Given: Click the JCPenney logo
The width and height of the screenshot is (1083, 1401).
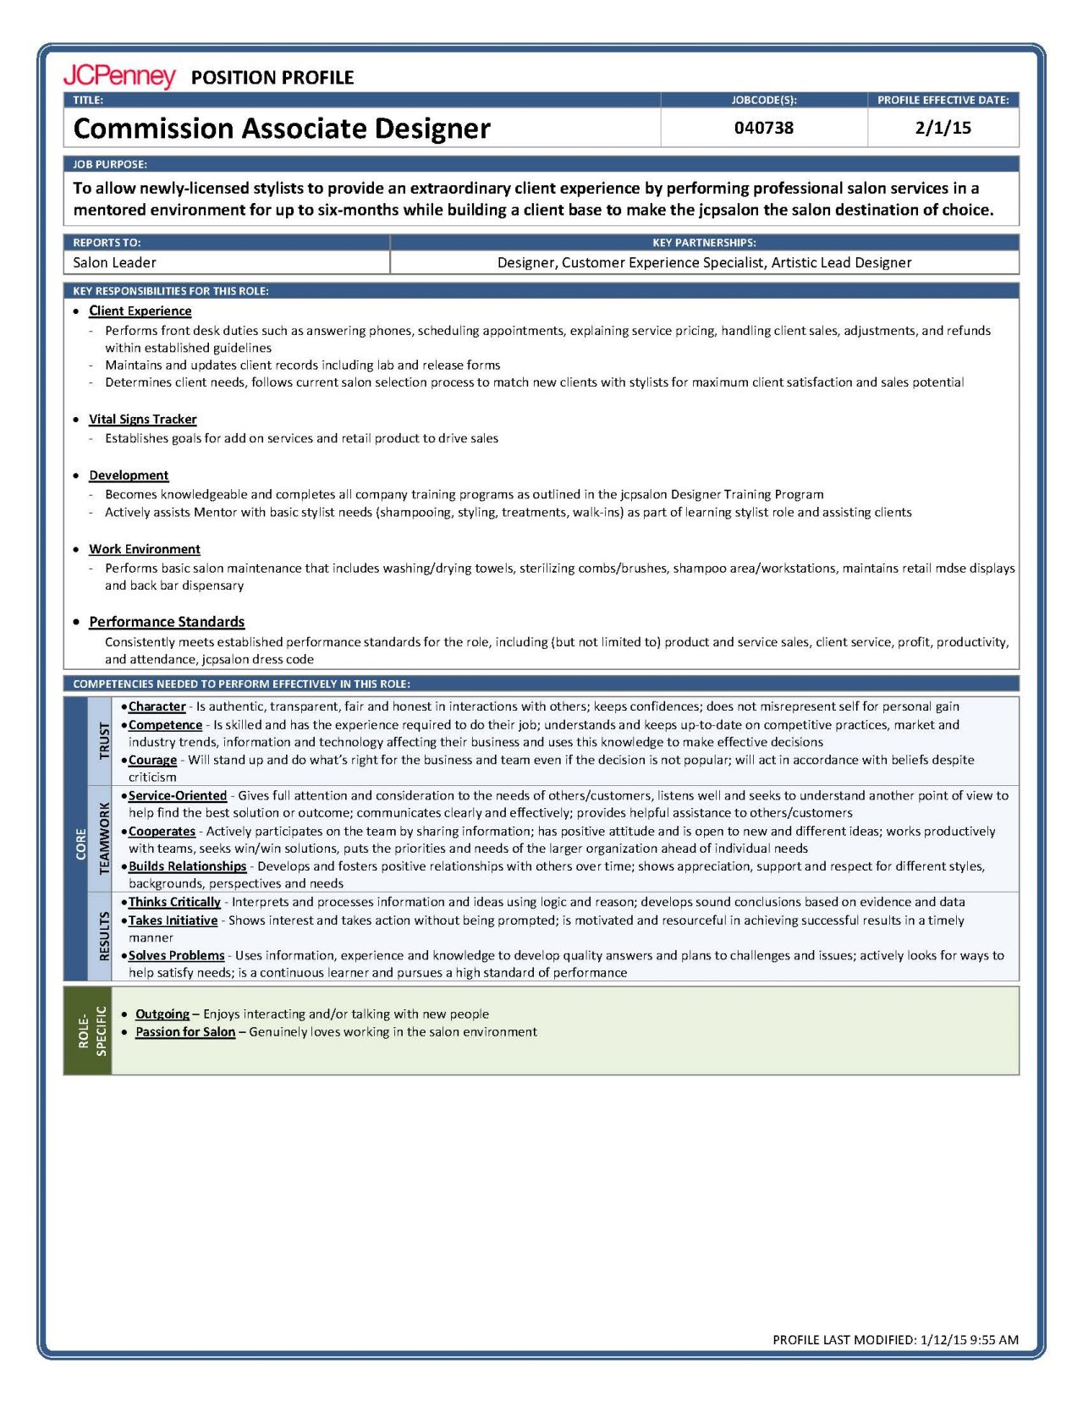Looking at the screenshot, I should [x=119, y=76].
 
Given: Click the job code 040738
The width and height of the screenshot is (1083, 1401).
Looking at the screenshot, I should [x=763, y=128].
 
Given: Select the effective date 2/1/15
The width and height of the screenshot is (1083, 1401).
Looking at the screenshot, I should [x=943, y=128].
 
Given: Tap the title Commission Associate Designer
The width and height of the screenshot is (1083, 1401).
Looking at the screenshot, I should [x=282, y=129].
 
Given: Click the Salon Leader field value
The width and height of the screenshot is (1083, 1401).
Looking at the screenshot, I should [x=114, y=262].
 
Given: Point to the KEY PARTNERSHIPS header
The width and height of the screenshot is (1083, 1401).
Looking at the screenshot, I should [x=704, y=242].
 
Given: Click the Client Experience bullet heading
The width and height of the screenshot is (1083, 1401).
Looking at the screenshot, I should [x=140, y=311].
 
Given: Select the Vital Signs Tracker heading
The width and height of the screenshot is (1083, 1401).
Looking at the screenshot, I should [x=142, y=420].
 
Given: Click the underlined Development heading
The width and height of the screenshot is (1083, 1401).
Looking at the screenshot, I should [x=129, y=475].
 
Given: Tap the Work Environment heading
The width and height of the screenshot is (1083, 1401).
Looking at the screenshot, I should [x=145, y=549].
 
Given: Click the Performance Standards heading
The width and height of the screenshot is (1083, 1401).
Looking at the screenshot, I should [x=167, y=622].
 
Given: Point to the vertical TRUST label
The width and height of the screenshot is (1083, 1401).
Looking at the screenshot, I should [x=104, y=740].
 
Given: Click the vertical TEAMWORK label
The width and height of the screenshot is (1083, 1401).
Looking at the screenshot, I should [x=104, y=838].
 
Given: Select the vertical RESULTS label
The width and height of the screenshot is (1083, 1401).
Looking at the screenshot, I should [x=104, y=936].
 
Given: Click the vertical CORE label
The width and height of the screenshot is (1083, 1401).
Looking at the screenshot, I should [x=81, y=844].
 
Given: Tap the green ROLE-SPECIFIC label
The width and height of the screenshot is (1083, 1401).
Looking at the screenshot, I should [x=91, y=1030].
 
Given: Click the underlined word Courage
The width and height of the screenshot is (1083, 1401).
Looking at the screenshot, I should [x=152, y=760].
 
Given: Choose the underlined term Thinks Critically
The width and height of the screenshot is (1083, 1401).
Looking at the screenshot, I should [x=174, y=902].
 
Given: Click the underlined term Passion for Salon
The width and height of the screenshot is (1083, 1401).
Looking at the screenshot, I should [x=185, y=1032].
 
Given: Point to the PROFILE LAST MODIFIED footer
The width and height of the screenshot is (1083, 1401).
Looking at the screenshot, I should [x=895, y=1339].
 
